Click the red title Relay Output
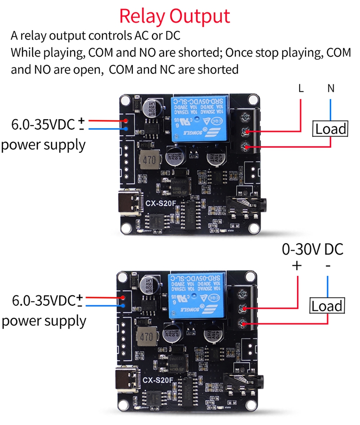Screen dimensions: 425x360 (175, 16)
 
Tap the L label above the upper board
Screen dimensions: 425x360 (301, 88)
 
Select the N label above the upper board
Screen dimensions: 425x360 (331, 88)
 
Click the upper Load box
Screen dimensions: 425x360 (331, 129)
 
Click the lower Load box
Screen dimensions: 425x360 (327, 307)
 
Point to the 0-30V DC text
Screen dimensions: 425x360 (312, 249)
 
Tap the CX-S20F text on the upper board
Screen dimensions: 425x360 (159, 203)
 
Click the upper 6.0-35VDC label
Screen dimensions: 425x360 (43, 125)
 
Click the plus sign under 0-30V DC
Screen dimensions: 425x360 (297, 266)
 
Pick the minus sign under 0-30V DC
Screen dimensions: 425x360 (328, 266)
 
